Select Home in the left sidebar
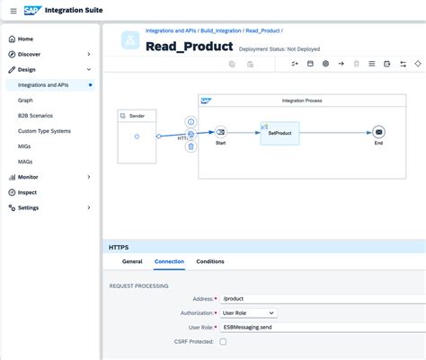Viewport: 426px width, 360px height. (x=26, y=39)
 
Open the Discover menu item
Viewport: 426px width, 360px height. (x=30, y=54)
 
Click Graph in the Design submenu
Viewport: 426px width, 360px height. (x=25, y=101)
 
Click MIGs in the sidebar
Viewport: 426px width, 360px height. (x=25, y=146)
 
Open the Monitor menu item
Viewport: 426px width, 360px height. (x=28, y=177)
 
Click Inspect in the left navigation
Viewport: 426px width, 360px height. (x=27, y=192)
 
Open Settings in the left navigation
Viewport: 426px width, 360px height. (x=29, y=207)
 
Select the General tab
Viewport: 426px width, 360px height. (x=132, y=261)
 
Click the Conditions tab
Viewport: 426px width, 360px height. (x=210, y=261)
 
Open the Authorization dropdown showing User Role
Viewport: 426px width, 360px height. (x=249, y=312)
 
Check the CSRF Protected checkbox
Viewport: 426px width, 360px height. (x=224, y=341)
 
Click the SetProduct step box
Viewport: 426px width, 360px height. (x=280, y=131)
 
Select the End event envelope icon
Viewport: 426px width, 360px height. (x=378, y=131)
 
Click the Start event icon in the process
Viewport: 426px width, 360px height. (x=220, y=131)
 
